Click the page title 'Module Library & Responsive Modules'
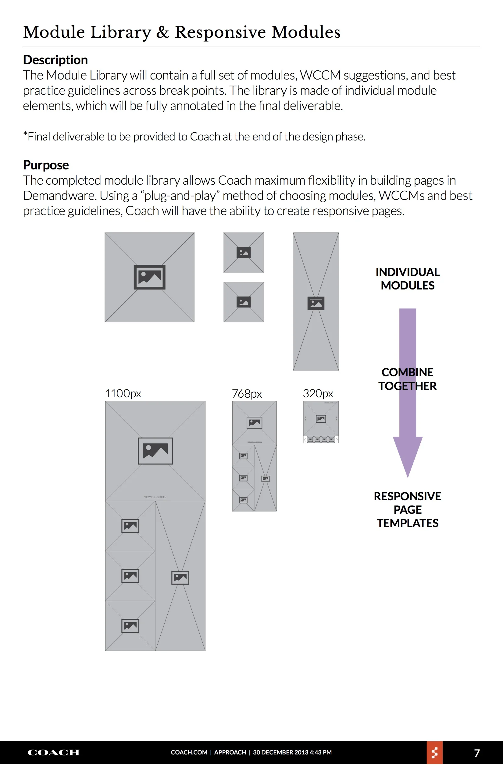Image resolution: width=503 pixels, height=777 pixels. tap(182, 32)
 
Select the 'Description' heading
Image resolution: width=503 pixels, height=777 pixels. tap(55, 60)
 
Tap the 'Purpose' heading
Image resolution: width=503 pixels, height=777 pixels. tap(46, 165)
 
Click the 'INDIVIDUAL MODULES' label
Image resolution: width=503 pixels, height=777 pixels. tap(407, 279)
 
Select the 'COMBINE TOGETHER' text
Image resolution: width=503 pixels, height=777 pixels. tap(407, 379)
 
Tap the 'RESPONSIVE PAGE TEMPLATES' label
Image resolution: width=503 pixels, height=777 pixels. tap(407, 509)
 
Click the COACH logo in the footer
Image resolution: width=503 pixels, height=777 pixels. tap(54, 753)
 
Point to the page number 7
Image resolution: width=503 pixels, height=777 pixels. tap(476, 753)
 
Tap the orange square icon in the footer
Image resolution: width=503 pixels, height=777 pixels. tap(434, 753)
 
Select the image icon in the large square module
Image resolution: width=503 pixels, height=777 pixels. tap(149, 277)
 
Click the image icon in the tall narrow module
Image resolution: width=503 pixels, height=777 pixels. tap(316, 303)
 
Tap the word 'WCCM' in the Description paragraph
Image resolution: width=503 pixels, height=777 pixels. tap(320, 76)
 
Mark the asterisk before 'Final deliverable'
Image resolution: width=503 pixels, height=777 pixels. tap(25, 134)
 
